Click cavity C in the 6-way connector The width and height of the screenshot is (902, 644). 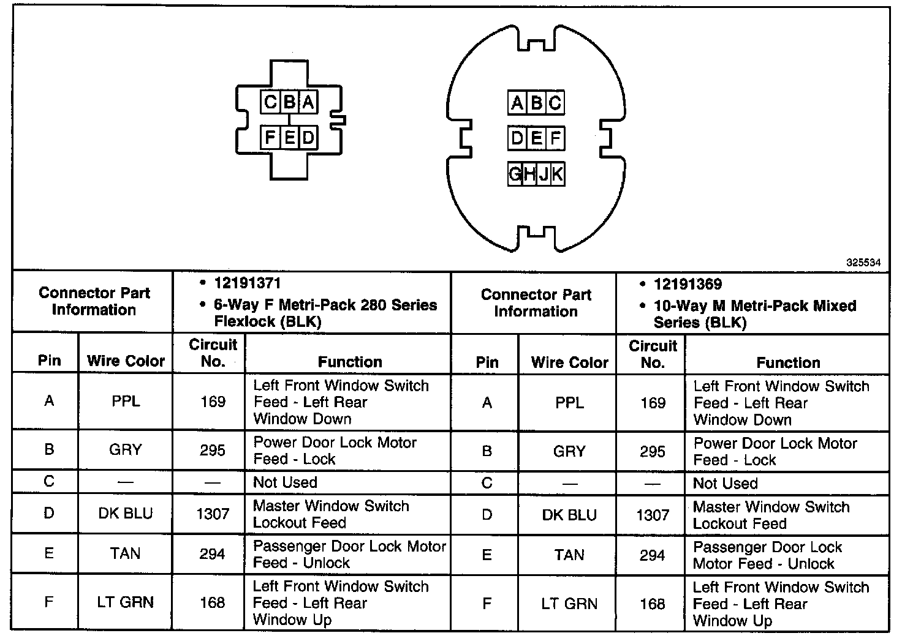(270, 102)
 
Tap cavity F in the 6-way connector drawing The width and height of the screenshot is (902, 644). (270, 137)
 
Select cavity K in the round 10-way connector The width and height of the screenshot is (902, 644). (557, 174)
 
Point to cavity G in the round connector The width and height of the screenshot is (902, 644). (515, 174)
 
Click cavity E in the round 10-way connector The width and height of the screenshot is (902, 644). (536, 138)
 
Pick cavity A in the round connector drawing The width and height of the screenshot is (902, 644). (517, 103)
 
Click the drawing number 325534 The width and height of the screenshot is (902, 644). (863, 262)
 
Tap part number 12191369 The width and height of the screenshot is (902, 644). (688, 284)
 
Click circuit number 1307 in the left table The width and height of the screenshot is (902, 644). (213, 514)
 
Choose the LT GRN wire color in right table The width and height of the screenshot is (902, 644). (569, 604)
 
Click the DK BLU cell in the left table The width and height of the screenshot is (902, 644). (126, 513)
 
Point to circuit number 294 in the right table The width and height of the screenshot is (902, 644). (652, 555)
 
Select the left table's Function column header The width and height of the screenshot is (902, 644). (350, 362)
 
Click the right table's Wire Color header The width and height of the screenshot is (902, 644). (569, 362)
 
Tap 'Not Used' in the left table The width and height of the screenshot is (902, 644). (285, 482)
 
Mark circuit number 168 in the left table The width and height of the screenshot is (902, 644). (213, 603)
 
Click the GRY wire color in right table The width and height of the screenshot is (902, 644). (569, 452)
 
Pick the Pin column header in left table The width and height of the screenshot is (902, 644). (49, 360)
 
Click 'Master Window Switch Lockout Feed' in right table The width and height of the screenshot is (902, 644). (771, 515)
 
